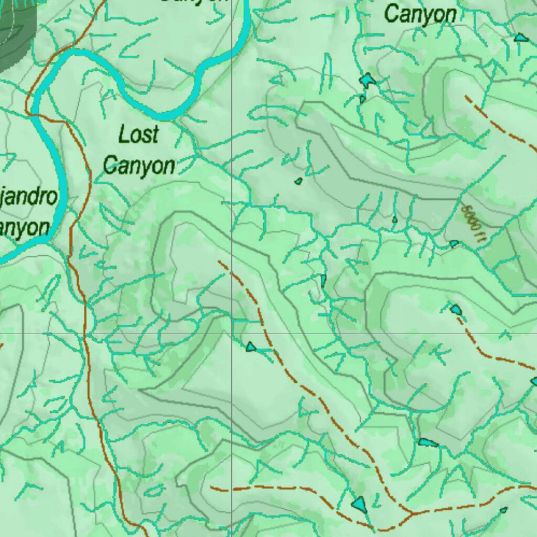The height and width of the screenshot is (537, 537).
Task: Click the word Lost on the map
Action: click(138, 135)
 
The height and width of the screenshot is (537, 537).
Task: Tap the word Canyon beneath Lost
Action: click(139, 166)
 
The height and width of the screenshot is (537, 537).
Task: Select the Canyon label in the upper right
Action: click(420, 14)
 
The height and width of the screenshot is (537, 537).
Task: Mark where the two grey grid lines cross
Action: click(232, 334)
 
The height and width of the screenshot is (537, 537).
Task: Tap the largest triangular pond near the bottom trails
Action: click(360, 503)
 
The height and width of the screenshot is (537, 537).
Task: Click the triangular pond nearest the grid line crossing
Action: click(251, 347)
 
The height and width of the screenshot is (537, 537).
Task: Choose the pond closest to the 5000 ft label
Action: click(454, 243)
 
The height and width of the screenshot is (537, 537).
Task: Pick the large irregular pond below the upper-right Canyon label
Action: click(368, 80)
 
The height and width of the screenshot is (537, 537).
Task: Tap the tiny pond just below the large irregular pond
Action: click(362, 99)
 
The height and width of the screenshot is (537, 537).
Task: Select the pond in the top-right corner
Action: click(520, 37)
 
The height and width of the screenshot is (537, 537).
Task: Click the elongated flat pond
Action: click(427, 443)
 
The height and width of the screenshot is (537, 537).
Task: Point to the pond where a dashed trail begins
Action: click(456, 309)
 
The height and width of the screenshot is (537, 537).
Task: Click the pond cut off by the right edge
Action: click(534, 381)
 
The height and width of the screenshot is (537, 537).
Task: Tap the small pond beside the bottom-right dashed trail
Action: click(503, 510)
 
